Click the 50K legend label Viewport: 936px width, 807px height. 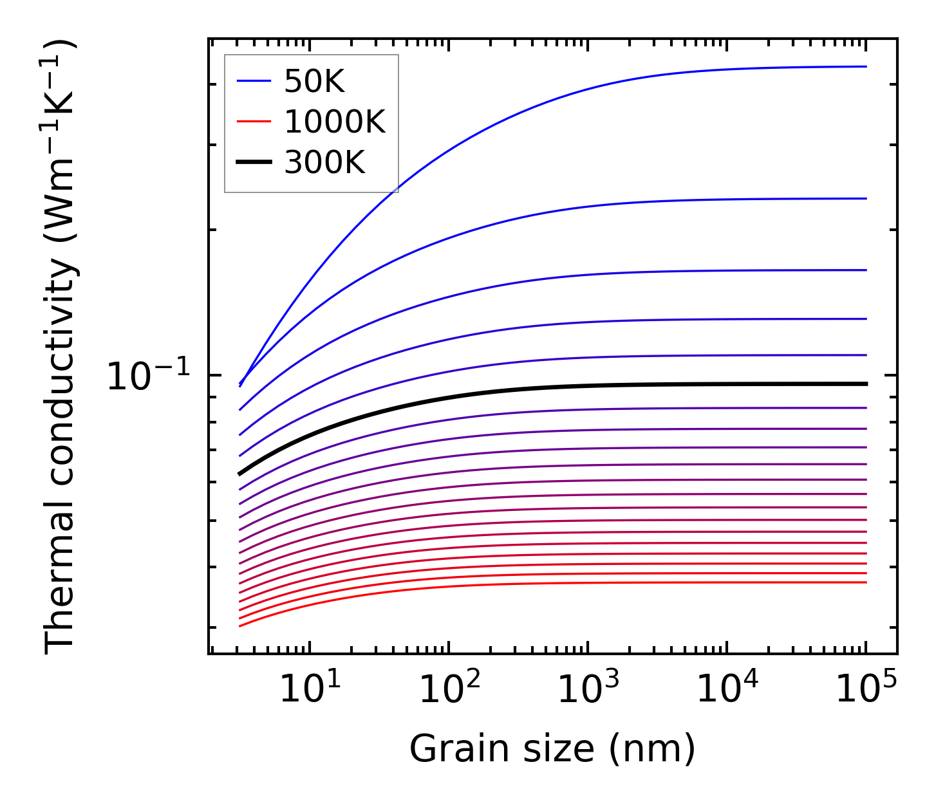tap(314, 82)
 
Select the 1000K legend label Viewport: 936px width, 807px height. tap(334, 122)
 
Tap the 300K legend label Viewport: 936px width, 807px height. tap(324, 163)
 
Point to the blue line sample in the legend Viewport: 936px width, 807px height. tap(254, 81)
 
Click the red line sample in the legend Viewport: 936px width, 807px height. tap(254, 122)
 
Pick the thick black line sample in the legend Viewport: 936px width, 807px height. tap(254, 162)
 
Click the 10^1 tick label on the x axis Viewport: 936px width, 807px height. tap(310, 690)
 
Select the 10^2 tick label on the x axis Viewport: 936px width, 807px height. tap(449, 690)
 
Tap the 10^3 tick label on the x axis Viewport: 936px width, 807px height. tap(588, 690)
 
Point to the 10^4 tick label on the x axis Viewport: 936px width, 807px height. tap(727, 690)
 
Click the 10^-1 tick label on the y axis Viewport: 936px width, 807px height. tap(149, 376)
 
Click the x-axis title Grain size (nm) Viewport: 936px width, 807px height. tap(552, 749)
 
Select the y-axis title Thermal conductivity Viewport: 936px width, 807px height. tap(61, 348)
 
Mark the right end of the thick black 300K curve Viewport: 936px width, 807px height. tap(866, 384)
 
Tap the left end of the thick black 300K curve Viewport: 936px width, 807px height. tap(239, 474)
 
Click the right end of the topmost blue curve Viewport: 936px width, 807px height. tap(866, 66)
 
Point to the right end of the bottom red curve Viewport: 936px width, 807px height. tap(866, 582)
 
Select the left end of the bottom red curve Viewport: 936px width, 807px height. tap(239, 626)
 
